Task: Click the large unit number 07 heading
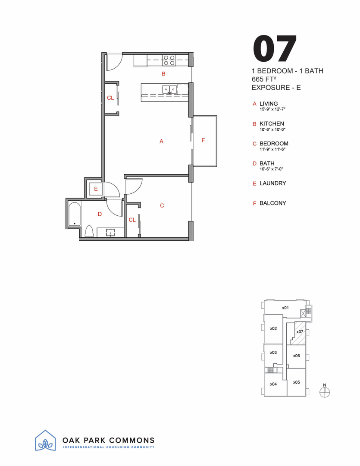point(275,49)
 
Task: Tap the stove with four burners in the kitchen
point(168,60)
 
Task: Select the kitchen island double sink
point(169,89)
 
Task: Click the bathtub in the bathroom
point(75,214)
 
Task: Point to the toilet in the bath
point(89,231)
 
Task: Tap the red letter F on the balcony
point(203,140)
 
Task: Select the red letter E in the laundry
point(96,189)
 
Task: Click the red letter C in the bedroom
point(162,206)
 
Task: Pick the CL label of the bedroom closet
point(132,220)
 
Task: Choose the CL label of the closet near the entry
point(110,98)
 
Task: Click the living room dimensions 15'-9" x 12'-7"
point(272,110)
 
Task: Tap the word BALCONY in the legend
point(272,203)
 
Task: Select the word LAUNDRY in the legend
point(272,183)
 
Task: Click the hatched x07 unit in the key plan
point(298,334)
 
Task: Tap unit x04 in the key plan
point(273,384)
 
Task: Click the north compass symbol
point(325,391)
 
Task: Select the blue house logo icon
point(45,441)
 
